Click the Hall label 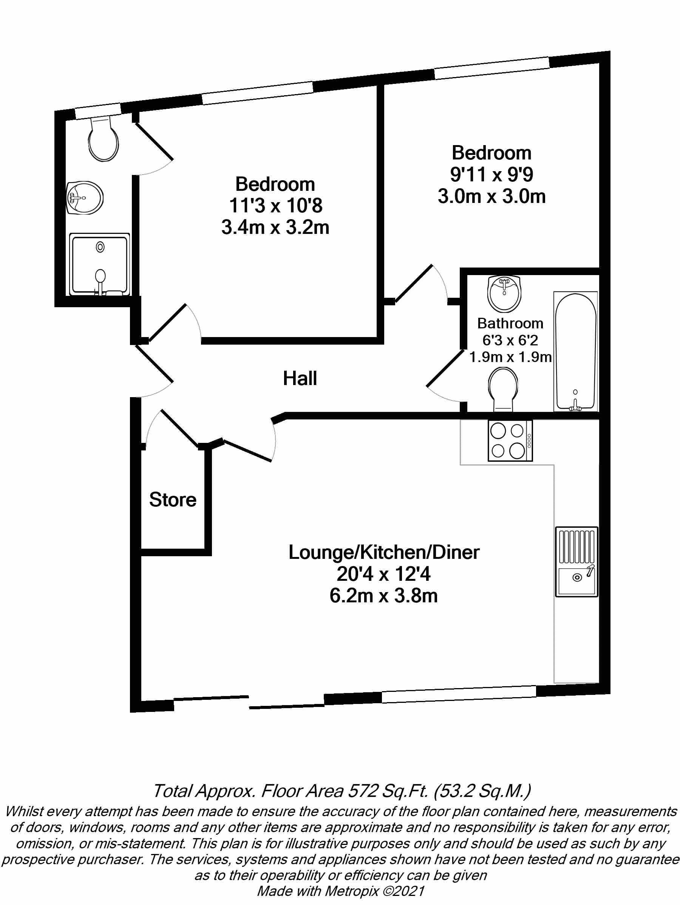pyautogui.click(x=300, y=379)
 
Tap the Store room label pyautogui.click(x=172, y=500)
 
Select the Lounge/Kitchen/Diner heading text pyautogui.click(x=383, y=552)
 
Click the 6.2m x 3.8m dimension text pyautogui.click(x=383, y=596)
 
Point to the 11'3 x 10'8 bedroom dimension pyautogui.click(x=275, y=206)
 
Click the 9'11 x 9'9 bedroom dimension pyautogui.click(x=491, y=175)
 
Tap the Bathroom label pyautogui.click(x=510, y=323)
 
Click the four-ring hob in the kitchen pyautogui.click(x=510, y=441)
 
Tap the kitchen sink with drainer pyautogui.click(x=576, y=561)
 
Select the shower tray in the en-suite pyautogui.click(x=100, y=264)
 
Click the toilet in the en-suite pyautogui.click(x=103, y=139)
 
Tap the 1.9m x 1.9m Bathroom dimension pyautogui.click(x=510, y=357)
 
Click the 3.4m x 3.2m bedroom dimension pyautogui.click(x=275, y=227)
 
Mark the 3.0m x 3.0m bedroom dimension pyautogui.click(x=491, y=196)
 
